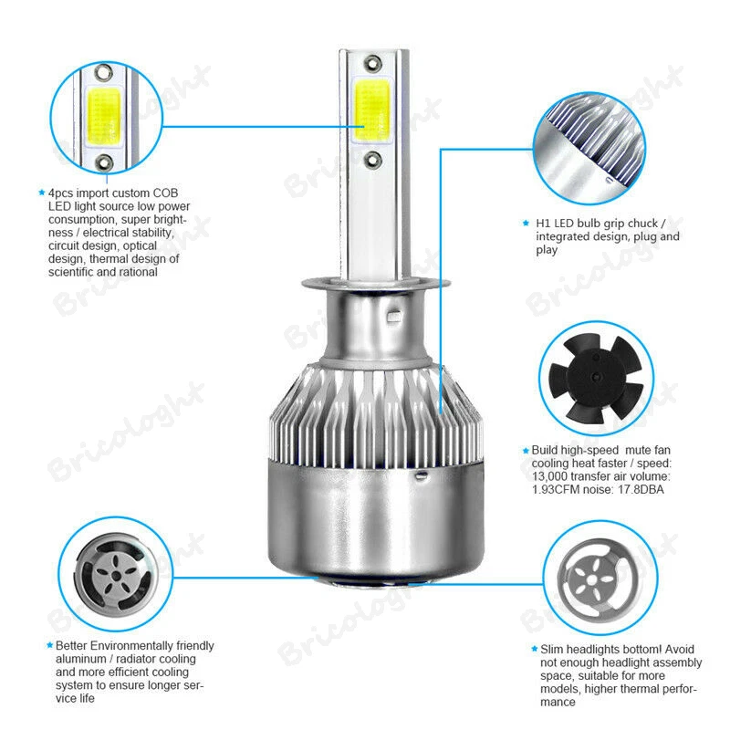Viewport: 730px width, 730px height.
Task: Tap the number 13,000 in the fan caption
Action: coord(554,476)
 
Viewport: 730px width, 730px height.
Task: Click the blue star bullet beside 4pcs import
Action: coord(41,193)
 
